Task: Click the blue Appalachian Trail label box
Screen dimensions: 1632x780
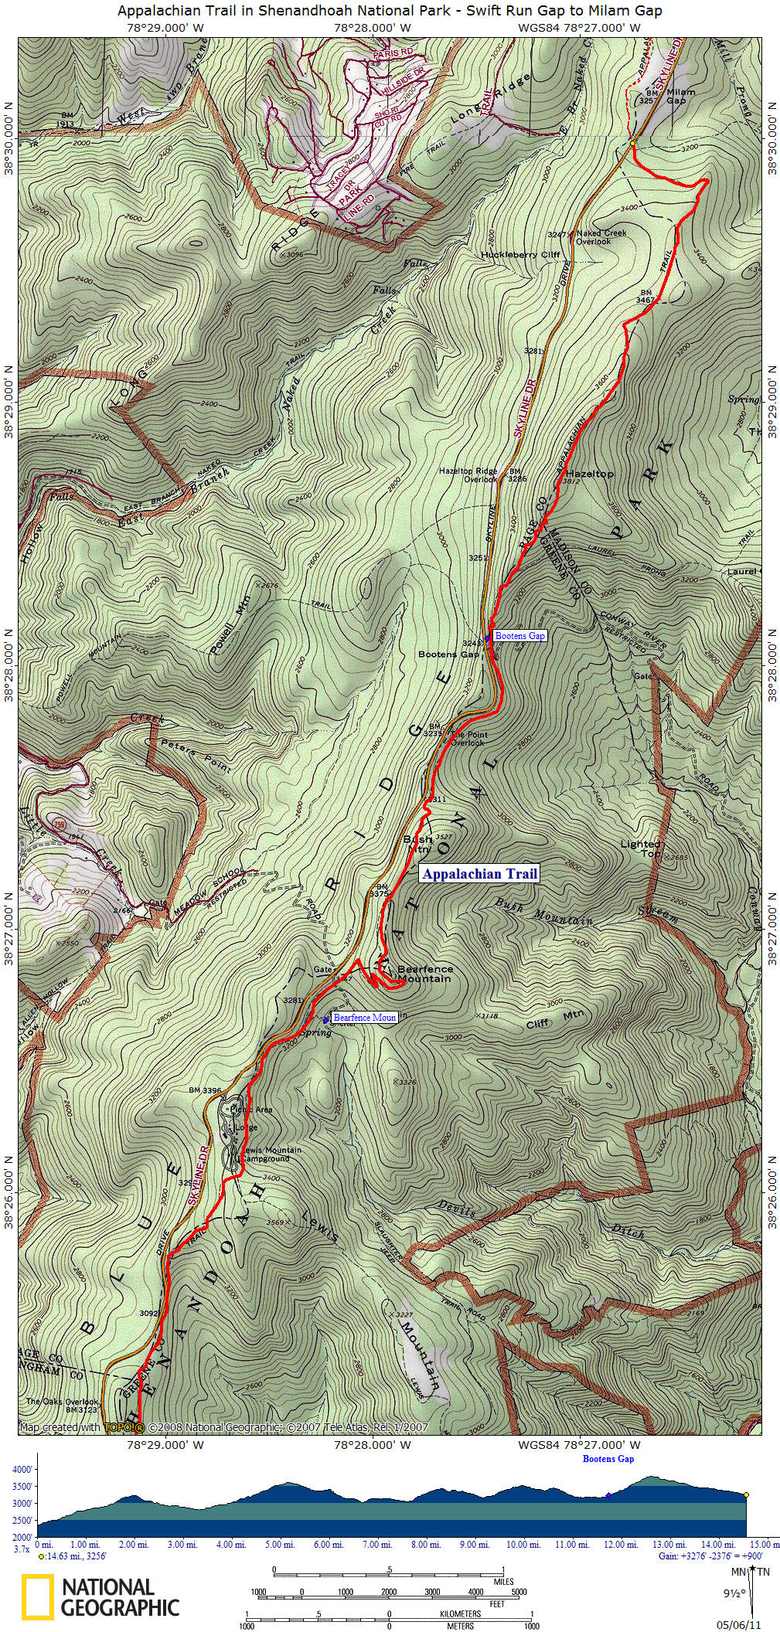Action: point(479,874)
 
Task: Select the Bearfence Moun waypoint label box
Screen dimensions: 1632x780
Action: point(364,1017)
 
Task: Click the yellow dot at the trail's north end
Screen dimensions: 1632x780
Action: point(632,143)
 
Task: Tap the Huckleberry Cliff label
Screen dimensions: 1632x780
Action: point(519,254)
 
